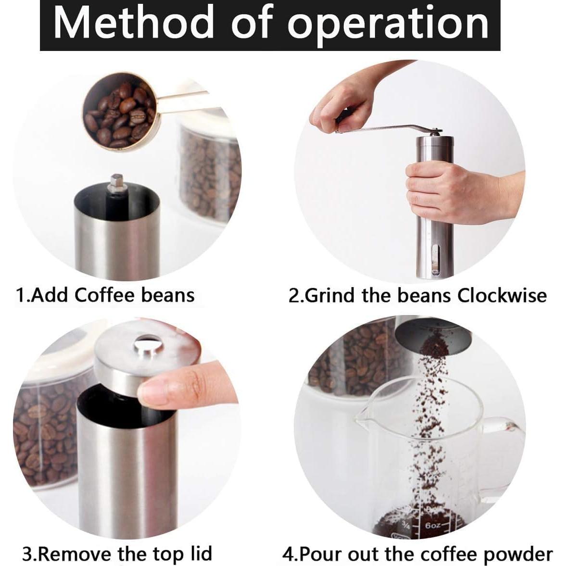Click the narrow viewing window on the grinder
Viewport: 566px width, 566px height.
[x=435, y=257]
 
